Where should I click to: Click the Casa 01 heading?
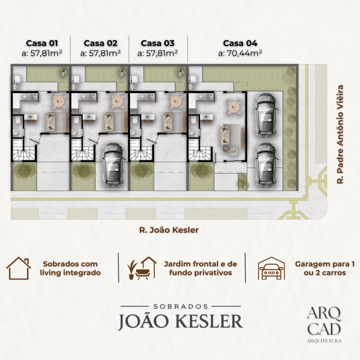pyautogui.click(x=42, y=43)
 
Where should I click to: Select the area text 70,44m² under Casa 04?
pyautogui.click(x=244, y=53)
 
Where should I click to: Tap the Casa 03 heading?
pyautogui.click(x=158, y=43)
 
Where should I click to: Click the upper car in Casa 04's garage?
pyautogui.click(x=266, y=115)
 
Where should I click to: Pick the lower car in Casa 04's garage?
pyautogui.click(x=266, y=165)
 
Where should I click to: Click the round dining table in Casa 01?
pyautogui.click(x=60, y=101)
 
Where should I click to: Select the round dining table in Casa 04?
pyautogui.click(x=234, y=107)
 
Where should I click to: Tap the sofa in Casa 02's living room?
pyautogui.click(x=109, y=122)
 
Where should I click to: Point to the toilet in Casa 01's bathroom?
pyautogui.click(x=18, y=120)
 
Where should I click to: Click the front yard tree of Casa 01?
pyautogui.click(x=24, y=170)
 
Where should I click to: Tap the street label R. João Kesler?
pyautogui.click(x=169, y=230)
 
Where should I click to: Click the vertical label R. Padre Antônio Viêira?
pyautogui.click(x=340, y=134)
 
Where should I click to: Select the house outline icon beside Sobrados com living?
pyautogui.click(x=18, y=268)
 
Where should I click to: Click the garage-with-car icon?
pyautogui.click(x=271, y=268)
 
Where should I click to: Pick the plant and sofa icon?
pyautogui.click(x=142, y=268)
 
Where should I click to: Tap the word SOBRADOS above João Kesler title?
pyautogui.click(x=181, y=306)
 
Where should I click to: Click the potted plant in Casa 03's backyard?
pyautogui.click(x=182, y=72)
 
